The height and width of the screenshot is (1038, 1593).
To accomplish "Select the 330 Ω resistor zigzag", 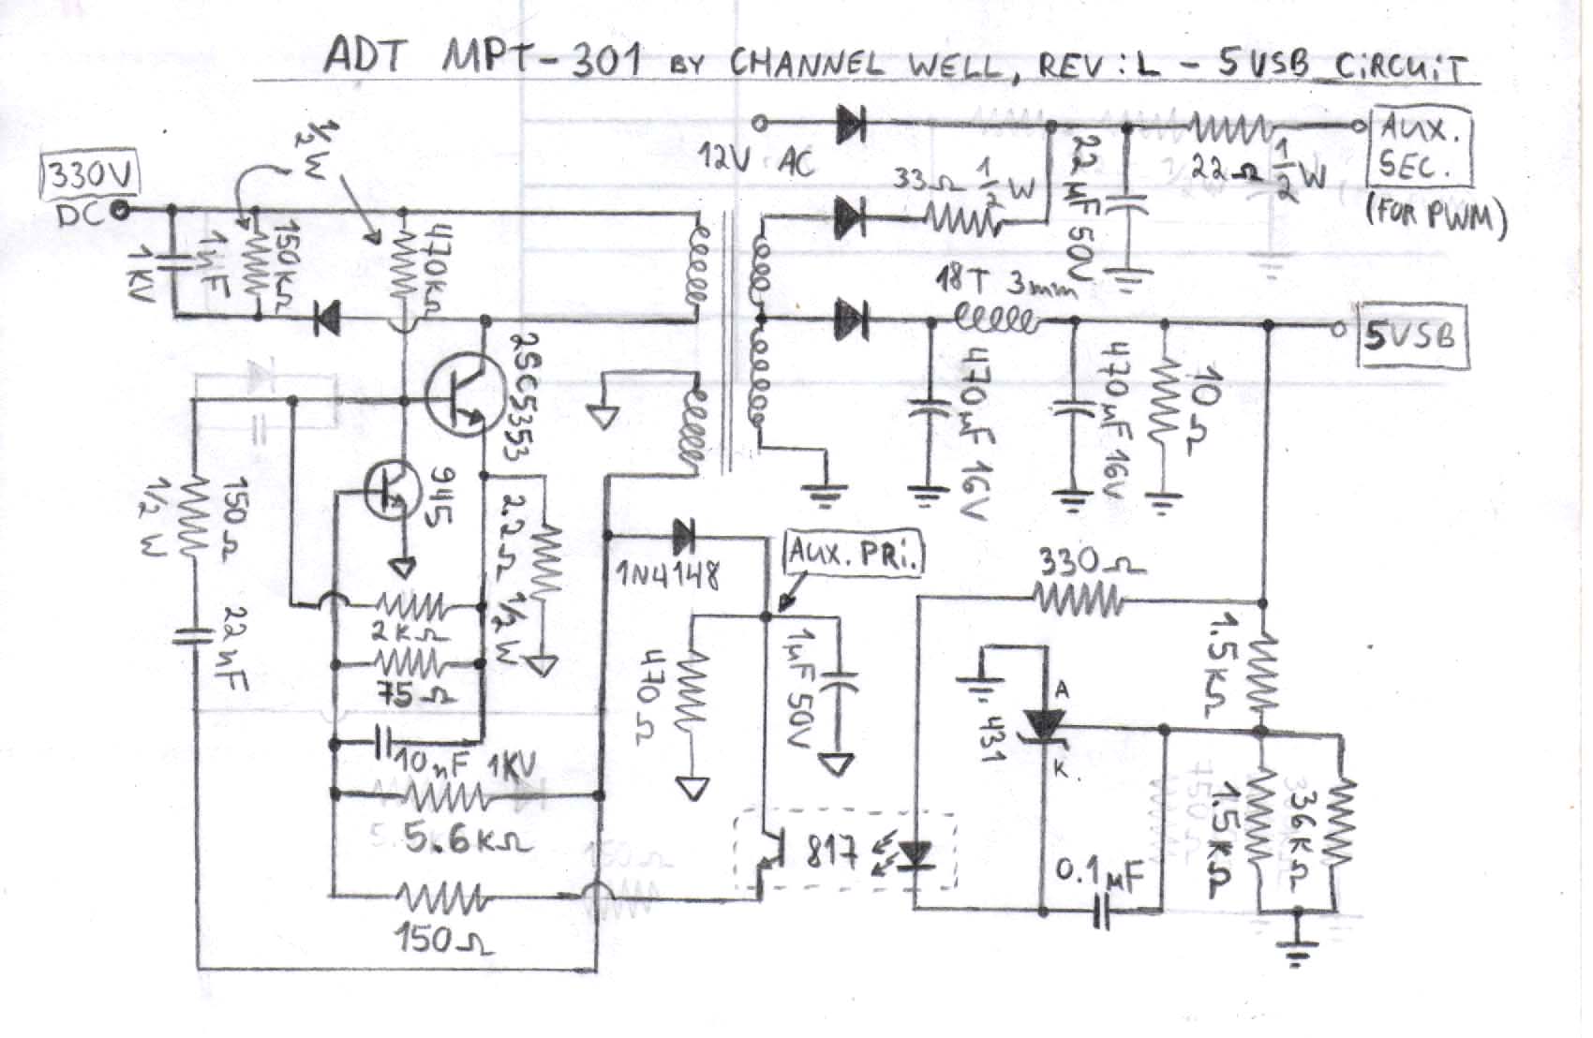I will click(x=1078, y=597).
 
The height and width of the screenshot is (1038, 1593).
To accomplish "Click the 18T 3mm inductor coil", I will click(x=994, y=321).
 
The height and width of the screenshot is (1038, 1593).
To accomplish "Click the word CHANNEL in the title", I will click(x=805, y=62).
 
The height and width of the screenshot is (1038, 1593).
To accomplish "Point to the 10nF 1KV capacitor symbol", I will click(x=383, y=744).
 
